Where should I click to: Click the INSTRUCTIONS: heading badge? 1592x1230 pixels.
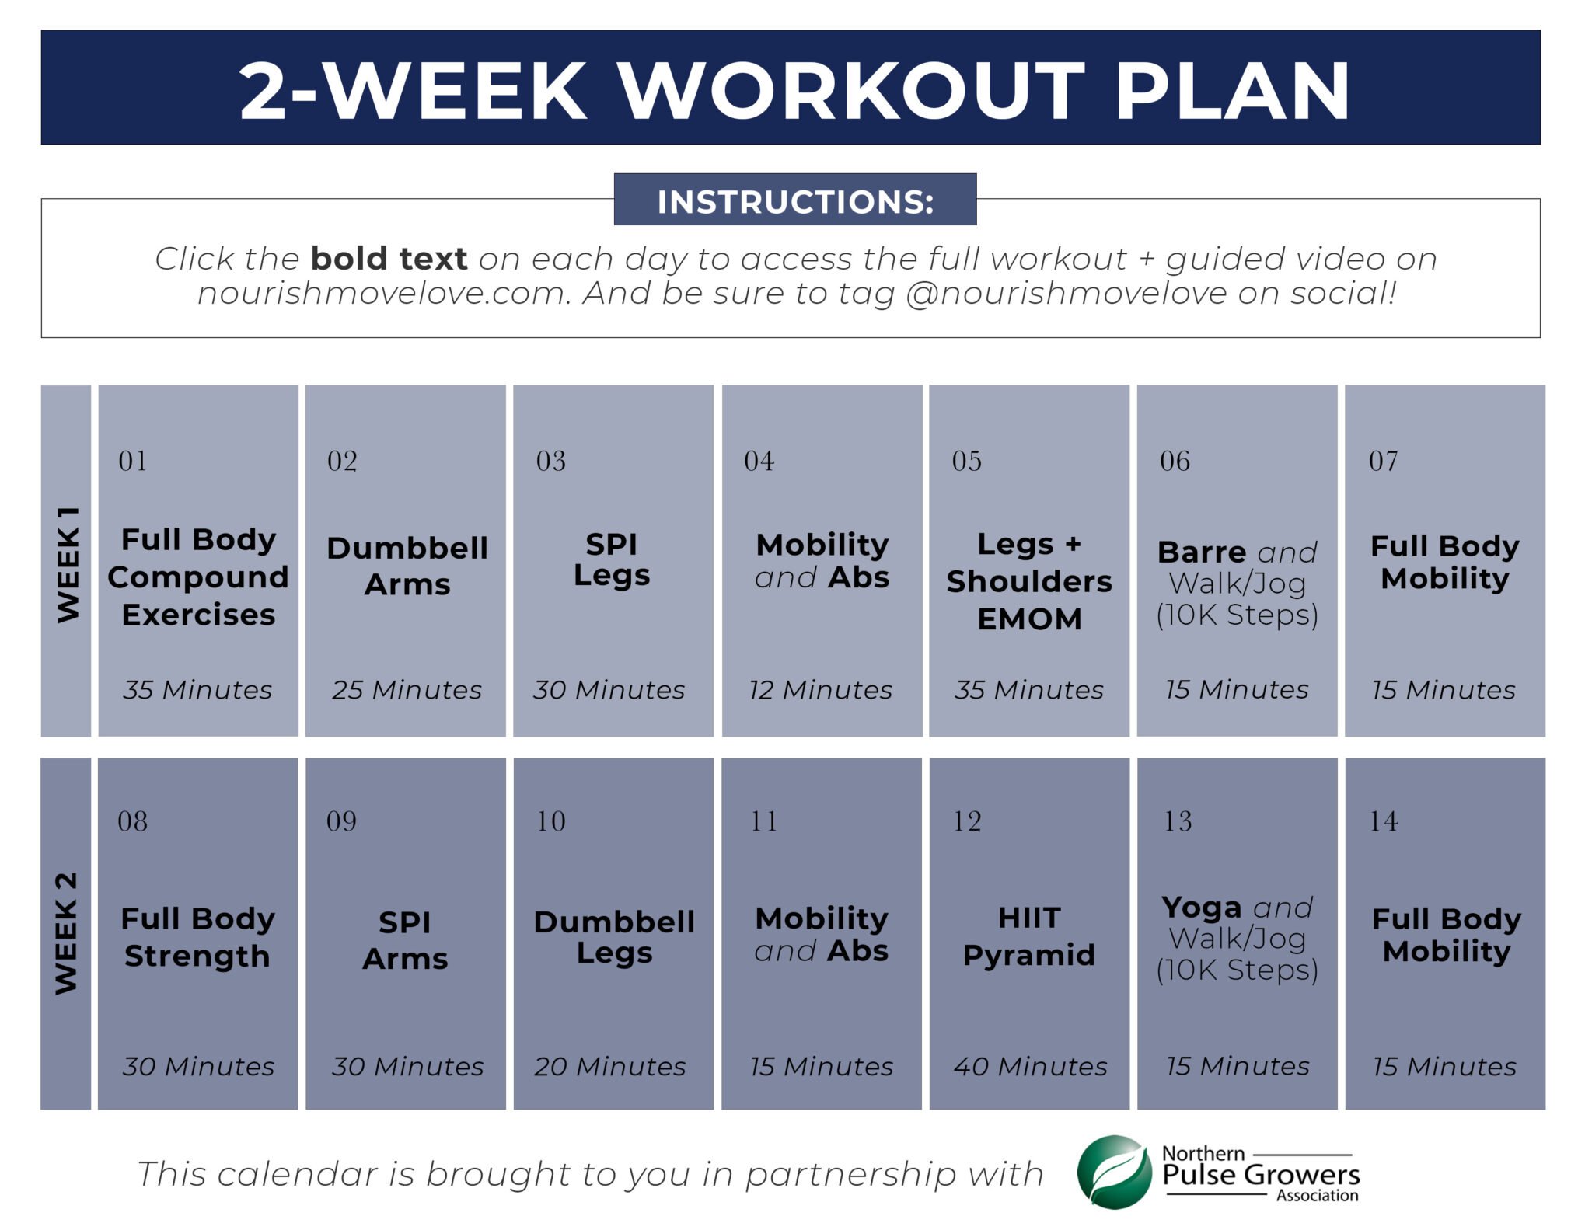tap(794, 200)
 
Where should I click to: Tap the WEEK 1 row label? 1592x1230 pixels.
tap(67, 563)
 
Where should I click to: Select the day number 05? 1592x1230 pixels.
tap(966, 461)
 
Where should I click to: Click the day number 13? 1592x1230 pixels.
tap(1177, 821)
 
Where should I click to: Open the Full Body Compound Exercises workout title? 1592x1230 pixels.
tap(198, 577)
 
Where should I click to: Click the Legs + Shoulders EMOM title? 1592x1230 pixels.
tap(1029, 580)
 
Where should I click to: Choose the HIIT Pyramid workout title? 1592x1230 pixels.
tap(1028, 936)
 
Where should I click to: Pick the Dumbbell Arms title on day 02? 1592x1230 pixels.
tap(407, 565)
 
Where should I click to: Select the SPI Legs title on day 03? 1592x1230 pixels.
tap(612, 559)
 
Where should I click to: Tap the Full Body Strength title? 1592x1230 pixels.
tap(197, 937)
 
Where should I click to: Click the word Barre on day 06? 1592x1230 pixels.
tap(1201, 552)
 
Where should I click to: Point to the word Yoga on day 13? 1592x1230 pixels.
tap(1201, 907)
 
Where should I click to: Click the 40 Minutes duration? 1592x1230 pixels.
tap(1030, 1066)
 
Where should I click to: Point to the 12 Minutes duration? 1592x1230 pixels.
tap(820, 689)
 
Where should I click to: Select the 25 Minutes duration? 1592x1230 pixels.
tap(407, 689)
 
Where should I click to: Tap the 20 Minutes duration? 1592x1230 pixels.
tap(610, 1066)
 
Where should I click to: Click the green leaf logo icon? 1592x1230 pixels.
tap(1114, 1172)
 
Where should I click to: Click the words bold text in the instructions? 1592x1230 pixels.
tap(389, 258)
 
